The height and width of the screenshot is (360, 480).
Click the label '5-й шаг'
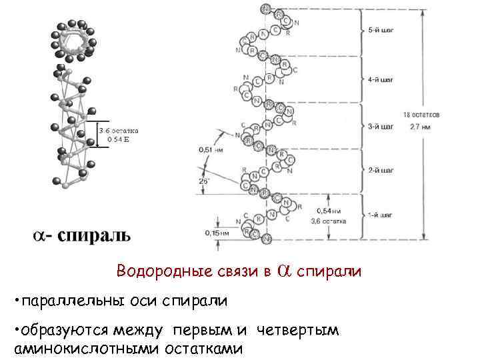[381, 31]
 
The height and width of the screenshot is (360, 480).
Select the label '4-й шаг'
[381, 79]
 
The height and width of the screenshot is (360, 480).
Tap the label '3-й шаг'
[381, 125]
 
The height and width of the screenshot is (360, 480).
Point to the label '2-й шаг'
[381, 171]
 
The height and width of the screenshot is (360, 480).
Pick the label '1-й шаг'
[381, 216]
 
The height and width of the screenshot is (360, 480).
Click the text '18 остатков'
[420, 115]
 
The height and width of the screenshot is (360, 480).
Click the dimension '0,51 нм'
[211, 151]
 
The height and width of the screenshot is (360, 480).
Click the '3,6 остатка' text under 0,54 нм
[328, 219]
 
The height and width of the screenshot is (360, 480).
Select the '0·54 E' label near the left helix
[118, 139]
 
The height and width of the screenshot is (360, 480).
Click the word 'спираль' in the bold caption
[95, 235]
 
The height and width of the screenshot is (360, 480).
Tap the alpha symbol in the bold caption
[41, 236]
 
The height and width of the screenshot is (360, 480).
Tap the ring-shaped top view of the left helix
[74, 39]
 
